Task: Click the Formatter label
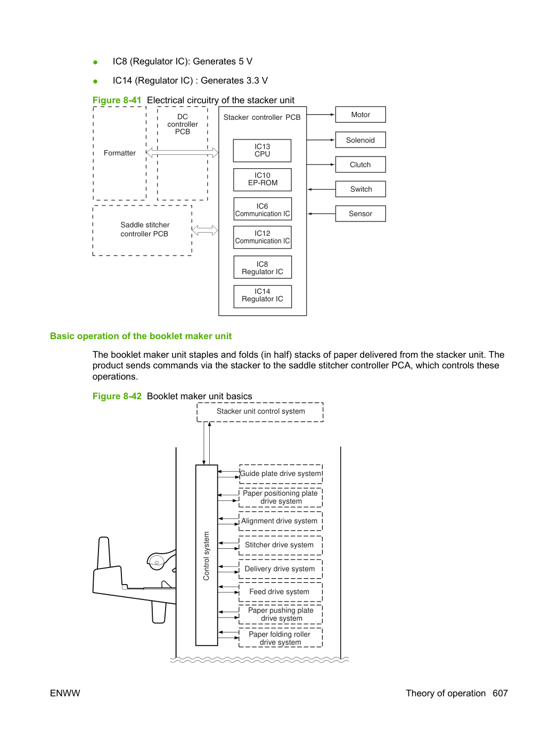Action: tap(119, 153)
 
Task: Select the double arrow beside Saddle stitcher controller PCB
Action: tap(205, 230)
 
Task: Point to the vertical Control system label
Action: tap(206, 556)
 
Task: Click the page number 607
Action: tap(500, 693)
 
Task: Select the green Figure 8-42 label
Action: tap(117, 396)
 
